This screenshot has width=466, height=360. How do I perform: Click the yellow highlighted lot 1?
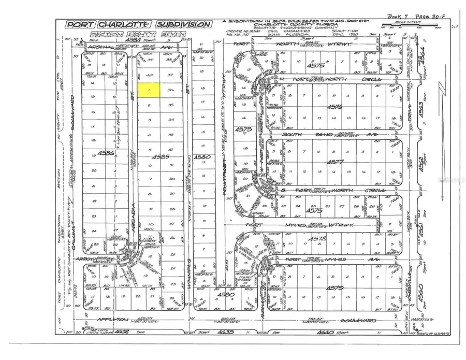pyautogui.click(x=149, y=90)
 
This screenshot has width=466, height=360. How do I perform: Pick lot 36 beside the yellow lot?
pyautogui.click(x=171, y=90)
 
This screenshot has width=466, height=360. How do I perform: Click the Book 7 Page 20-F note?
pyautogui.click(x=412, y=17)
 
